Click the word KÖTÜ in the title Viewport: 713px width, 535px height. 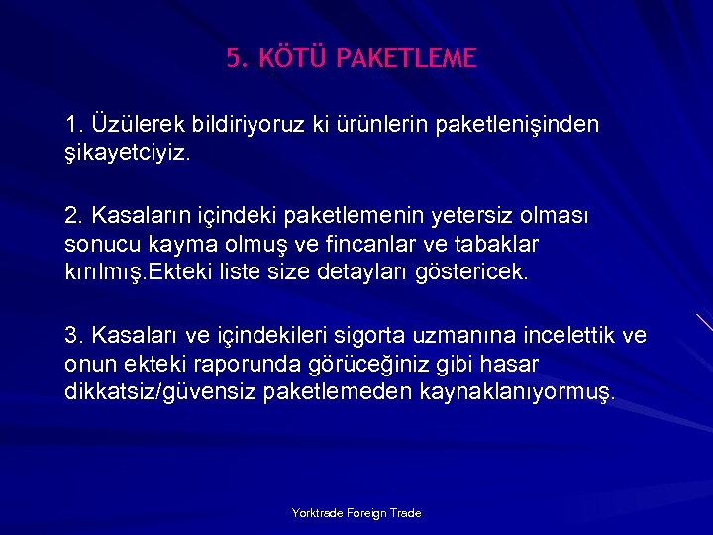[x=293, y=58]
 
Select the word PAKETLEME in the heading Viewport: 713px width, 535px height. [x=406, y=58]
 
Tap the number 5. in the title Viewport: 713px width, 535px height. [x=238, y=58]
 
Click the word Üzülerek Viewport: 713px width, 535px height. [x=133, y=125]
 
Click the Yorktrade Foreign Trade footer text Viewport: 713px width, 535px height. [x=356, y=513]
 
